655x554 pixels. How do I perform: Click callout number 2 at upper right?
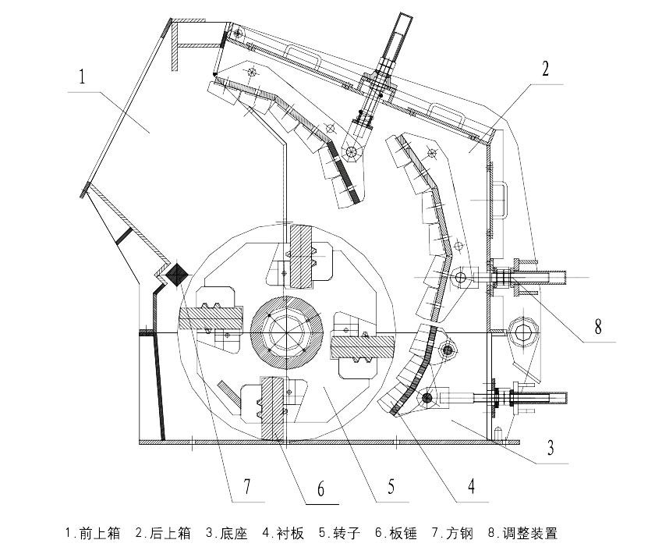pyautogui.click(x=546, y=69)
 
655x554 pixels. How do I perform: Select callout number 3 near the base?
pyautogui.click(x=550, y=448)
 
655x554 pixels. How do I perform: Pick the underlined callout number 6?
pyautogui.click(x=320, y=489)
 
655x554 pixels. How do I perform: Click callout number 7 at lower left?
pyautogui.click(x=246, y=488)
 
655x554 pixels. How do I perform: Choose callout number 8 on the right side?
pyautogui.click(x=598, y=326)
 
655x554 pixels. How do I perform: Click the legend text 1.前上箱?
pyautogui.click(x=93, y=534)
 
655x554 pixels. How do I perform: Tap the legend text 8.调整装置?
pyautogui.click(x=522, y=534)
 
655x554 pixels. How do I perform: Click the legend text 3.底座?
pyautogui.click(x=226, y=534)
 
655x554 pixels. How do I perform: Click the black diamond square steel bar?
pyautogui.click(x=176, y=273)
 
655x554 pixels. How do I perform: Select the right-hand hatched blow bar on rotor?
pyautogui.click(x=363, y=344)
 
